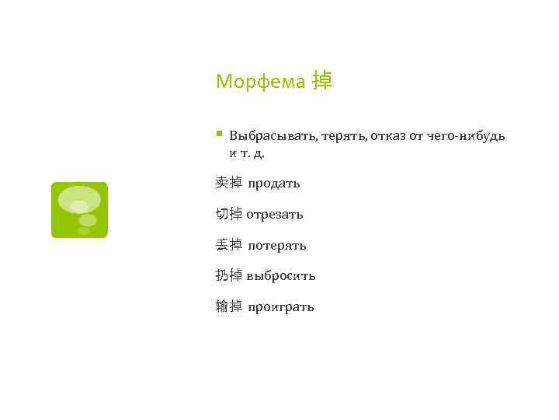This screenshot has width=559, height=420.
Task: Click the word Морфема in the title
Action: pos(260,82)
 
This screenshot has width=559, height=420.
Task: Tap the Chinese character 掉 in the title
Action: pos(321,81)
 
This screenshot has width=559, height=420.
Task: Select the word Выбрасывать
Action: pos(271,136)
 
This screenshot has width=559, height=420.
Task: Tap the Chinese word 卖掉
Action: pos(229,183)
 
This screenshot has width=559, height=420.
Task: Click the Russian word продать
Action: pos(273,184)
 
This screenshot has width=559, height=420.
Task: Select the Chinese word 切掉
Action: pos(229,214)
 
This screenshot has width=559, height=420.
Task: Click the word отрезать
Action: pos(275,214)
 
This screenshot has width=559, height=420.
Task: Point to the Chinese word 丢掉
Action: pos(229,245)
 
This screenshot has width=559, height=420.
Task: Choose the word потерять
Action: pos(277,246)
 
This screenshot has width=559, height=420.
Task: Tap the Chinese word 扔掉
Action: pos(229,275)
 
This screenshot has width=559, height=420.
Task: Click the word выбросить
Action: pos(280,276)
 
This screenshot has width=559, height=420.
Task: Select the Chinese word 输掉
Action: pos(229,306)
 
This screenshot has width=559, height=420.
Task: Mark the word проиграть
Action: pos(280,307)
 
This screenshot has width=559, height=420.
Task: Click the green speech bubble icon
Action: pos(79,210)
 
